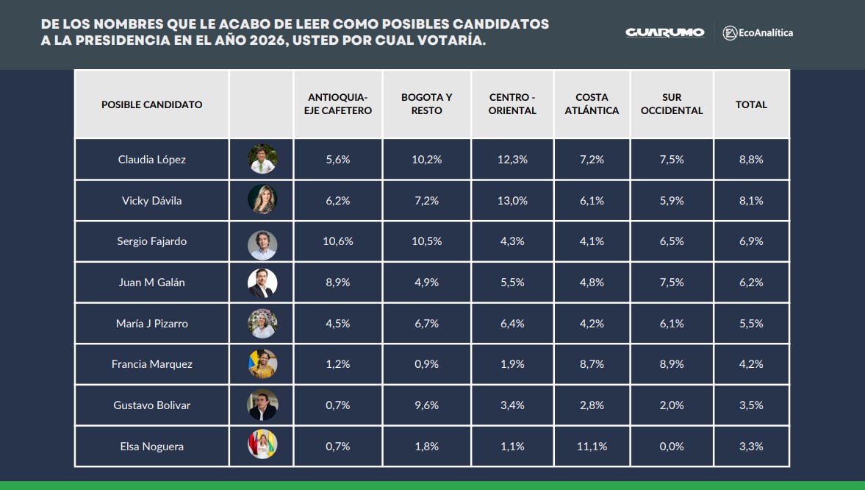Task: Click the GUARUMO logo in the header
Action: pos(664,32)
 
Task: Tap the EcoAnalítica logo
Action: pos(758,32)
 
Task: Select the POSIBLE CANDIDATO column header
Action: pos(151,104)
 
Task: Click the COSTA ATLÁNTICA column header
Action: pos(592,104)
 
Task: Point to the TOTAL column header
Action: pos(751,104)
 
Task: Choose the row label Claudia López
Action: pos(151,160)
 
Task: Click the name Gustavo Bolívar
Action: pos(151,405)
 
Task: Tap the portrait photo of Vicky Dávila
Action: pos(262,200)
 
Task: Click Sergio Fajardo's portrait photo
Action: pos(262,241)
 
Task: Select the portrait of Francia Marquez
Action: pos(262,364)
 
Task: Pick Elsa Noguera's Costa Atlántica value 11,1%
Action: pos(592,447)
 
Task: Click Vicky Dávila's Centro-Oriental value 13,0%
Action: pos(512,201)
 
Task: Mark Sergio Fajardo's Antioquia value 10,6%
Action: pos(338,241)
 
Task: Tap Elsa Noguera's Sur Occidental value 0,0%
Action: pos(672,447)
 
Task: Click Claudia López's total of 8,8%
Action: pos(751,160)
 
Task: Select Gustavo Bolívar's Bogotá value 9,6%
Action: pos(426,405)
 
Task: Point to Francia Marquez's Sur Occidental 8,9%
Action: pos(672,364)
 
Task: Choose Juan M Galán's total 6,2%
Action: pos(751,283)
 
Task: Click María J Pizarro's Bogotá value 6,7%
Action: pos(426,324)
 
